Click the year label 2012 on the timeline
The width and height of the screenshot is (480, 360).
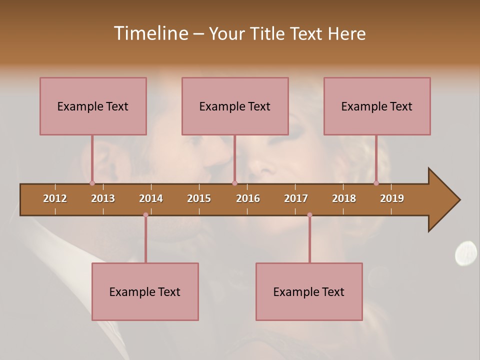click(x=55, y=198)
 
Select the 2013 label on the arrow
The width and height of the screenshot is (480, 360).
click(x=103, y=198)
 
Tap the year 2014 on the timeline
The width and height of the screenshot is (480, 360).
click(x=151, y=198)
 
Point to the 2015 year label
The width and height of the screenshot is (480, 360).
click(x=199, y=198)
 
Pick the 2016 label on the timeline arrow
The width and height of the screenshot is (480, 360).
click(x=248, y=198)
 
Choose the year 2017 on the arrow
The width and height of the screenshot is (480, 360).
click(x=296, y=198)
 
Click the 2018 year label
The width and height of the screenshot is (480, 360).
click(x=344, y=198)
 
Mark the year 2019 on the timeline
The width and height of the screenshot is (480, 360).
click(x=392, y=198)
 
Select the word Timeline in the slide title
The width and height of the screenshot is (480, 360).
click(x=150, y=33)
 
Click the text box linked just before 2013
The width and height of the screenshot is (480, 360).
click(x=93, y=106)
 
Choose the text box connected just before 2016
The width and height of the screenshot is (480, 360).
click(x=235, y=106)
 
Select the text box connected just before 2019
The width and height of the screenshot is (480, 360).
click(x=377, y=106)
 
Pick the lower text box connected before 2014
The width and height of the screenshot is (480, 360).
click(x=145, y=291)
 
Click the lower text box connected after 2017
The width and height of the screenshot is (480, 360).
click(x=309, y=291)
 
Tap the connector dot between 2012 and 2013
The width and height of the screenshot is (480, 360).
click(x=92, y=183)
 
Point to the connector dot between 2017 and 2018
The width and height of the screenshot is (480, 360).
click(x=309, y=215)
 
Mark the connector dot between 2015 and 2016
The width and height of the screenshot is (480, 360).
click(x=234, y=183)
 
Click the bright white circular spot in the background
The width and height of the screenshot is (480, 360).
click(x=466, y=252)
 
